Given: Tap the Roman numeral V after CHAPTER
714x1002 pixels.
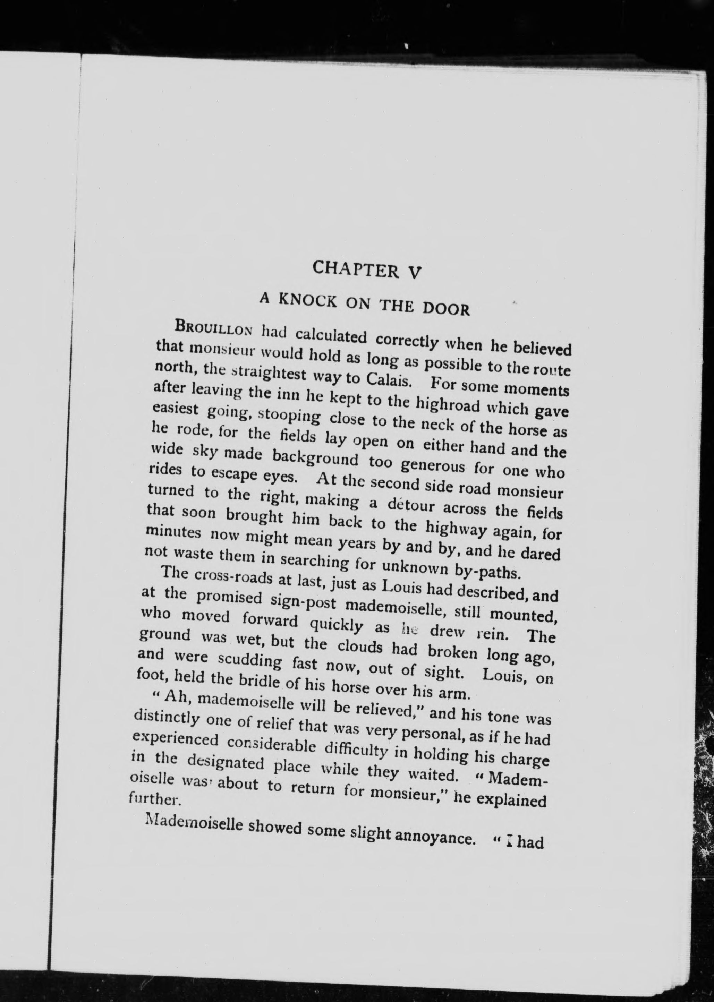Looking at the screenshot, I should click(414, 273).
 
